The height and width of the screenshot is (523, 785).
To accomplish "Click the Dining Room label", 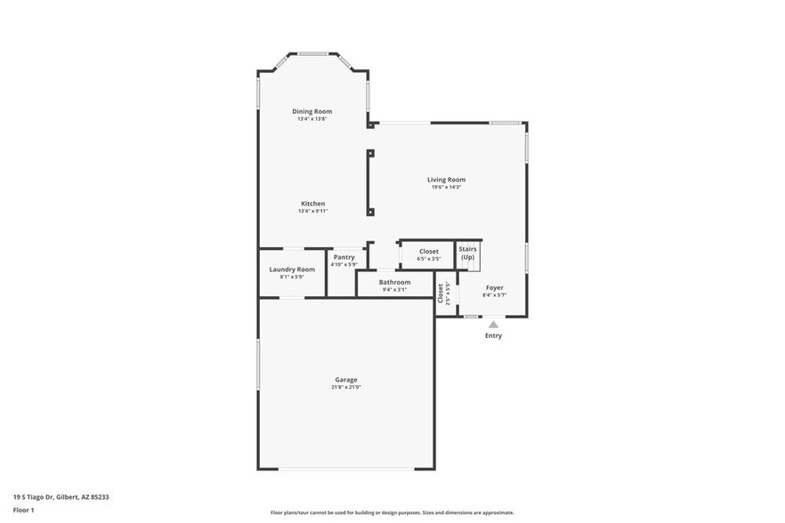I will coord(312,111).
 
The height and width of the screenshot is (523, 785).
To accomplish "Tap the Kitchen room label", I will coord(312,204).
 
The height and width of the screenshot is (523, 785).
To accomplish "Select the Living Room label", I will coord(446,180).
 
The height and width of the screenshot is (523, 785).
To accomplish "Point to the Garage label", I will coord(346,380).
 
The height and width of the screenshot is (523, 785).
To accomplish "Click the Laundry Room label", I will coord(292,269).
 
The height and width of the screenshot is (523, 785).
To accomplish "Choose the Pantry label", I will coord(344,257).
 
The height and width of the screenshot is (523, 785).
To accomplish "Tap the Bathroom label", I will coord(394,282).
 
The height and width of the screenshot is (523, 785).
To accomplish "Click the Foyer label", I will coord(494,287).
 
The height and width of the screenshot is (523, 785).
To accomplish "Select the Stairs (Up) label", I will coord(468,253).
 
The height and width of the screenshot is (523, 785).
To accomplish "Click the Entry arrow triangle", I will coord(493,325).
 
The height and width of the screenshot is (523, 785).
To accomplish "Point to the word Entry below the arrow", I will coord(493,335).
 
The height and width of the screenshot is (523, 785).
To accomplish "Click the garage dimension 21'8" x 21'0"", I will coord(346,387).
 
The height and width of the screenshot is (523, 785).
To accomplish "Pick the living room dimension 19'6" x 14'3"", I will coord(446,187).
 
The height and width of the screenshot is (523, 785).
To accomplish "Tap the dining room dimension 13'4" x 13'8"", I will coord(312,118).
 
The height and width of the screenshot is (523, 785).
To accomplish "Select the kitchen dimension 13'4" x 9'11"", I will coord(312,211).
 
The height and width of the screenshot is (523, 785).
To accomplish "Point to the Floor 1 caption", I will coord(24,510).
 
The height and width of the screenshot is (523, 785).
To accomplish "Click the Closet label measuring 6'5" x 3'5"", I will coord(429,252).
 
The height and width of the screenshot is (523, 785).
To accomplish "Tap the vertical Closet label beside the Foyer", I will coord(441,294).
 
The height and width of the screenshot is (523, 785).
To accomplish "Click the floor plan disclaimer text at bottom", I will coord(392,512).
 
